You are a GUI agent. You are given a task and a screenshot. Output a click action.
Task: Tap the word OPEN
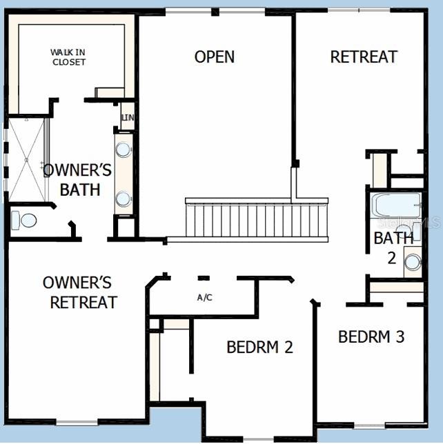pos(214,57)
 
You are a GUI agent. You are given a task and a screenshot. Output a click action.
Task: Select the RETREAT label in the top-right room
pos(364,57)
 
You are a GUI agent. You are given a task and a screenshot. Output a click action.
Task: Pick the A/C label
pos(204,298)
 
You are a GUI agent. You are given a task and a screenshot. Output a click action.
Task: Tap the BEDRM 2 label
pos(259,347)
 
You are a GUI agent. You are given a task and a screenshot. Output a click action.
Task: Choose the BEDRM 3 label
pos(371,336)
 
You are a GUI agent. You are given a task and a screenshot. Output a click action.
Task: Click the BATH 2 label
pos(394,247)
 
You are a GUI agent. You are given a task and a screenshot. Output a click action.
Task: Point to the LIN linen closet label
pos(128,118)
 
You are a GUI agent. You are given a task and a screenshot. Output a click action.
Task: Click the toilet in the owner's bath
pos(26,221)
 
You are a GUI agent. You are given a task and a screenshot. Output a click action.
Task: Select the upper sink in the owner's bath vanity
pos(124,150)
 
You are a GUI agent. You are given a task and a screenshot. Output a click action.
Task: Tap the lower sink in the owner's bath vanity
pos(124,199)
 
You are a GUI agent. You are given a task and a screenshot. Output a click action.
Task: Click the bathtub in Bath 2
pos(396,205)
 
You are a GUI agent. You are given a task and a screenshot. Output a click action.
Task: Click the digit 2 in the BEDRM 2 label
pos(288,347)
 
